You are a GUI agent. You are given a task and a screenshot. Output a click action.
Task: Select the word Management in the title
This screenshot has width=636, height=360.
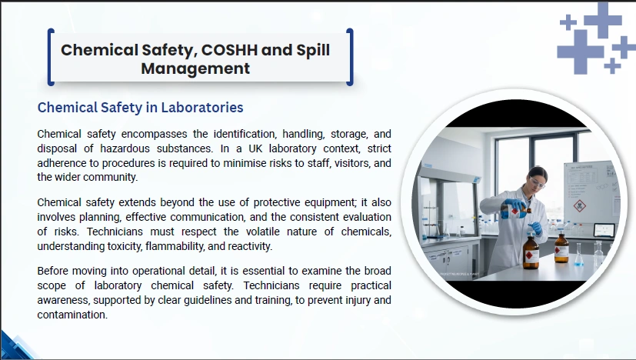coord(195,68)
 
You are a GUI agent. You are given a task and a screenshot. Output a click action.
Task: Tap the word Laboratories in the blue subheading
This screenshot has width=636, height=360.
coord(202,108)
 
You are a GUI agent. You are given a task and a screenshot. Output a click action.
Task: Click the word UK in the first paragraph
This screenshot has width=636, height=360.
coord(255,148)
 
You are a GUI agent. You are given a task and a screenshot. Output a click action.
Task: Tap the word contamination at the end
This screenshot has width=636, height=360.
coord(72,315)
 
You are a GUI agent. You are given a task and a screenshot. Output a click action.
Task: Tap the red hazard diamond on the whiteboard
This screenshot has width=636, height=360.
coord(580,206)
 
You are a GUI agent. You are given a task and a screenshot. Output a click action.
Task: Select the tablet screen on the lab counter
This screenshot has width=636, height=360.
coord(604,230)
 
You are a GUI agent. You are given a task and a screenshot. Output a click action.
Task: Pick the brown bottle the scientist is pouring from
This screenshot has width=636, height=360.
coord(516,211)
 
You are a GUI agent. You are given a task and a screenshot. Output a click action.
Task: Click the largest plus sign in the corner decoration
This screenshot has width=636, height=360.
coord(580,52)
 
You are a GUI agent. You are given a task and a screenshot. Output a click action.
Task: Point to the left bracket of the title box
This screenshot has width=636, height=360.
coord(51,57)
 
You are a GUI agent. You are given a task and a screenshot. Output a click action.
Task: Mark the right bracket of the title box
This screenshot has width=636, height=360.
coord(350,57)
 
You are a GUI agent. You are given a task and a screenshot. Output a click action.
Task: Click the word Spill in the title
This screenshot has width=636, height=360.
coord(313,50)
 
